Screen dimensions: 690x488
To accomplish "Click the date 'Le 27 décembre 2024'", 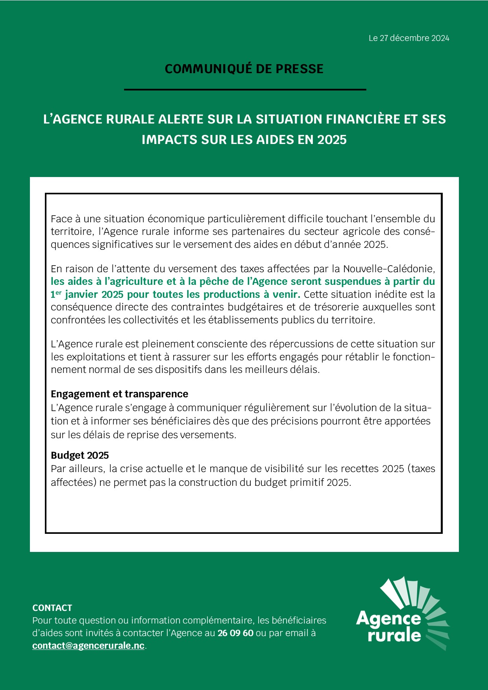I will [x=409, y=38].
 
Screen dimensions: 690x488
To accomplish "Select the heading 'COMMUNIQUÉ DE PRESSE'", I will [x=244, y=69].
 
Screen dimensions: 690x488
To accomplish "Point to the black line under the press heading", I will [x=245, y=90].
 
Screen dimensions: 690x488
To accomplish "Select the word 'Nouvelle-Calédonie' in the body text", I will [x=388, y=269].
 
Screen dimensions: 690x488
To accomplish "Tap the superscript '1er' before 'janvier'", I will [x=56, y=294].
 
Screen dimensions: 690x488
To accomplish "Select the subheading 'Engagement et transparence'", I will [x=119, y=394].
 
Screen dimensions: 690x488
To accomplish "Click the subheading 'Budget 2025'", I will [x=79, y=455].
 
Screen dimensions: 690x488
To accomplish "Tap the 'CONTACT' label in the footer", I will [x=52, y=608].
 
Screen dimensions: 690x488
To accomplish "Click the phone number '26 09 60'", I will [x=235, y=633].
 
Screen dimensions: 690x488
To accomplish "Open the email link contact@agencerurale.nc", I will [x=88, y=646].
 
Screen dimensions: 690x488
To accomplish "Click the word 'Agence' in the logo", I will [x=388, y=618].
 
